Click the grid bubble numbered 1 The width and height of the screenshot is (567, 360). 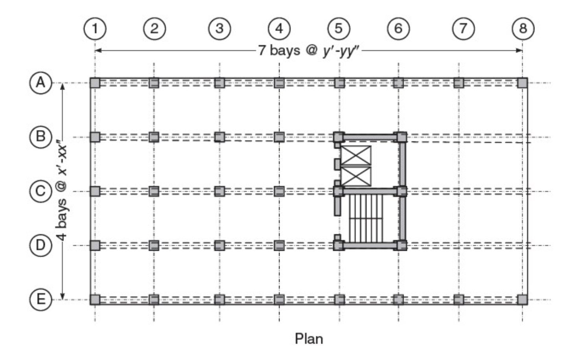click(95, 28)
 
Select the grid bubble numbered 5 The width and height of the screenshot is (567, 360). click(339, 28)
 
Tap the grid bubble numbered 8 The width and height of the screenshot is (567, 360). click(523, 28)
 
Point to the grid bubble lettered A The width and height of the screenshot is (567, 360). click(40, 83)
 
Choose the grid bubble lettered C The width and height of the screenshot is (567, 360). click(40, 191)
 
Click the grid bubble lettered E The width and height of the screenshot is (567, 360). click(40, 299)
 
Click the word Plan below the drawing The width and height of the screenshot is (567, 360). click(309, 338)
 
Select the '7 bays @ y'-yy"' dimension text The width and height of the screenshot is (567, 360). click(309, 50)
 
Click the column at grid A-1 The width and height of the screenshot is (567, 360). click(95, 83)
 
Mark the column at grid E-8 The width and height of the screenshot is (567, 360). click(522, 299)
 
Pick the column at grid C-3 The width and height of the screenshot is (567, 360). click(219, 191)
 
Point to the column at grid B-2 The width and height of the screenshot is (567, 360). click(154, 137)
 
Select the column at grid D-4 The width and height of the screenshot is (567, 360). click(279, 246)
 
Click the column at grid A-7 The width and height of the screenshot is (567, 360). click(458, 83)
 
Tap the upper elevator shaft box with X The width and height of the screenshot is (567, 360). click(356, 156)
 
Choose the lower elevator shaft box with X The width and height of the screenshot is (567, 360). click(356, 176)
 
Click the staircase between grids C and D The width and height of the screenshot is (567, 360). click(366, 219)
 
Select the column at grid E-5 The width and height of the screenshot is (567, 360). click(339, 299)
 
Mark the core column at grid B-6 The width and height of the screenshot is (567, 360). click(401, 137)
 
